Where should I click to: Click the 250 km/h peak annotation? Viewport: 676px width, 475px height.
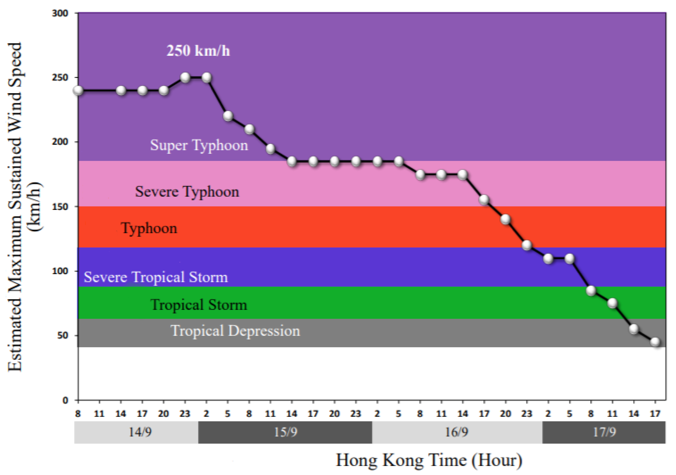point(198,51)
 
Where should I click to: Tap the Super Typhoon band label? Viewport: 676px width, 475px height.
point(199,145)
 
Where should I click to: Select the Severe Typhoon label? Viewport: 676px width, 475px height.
point(187,192)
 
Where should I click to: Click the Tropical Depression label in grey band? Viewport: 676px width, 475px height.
point(235,331)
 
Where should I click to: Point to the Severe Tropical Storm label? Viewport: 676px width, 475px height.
point(156,277)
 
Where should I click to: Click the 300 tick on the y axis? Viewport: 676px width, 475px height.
point(60,13)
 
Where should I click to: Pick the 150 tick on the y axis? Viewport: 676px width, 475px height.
point(60,206)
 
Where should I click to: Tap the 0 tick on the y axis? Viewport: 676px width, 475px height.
point(65,400)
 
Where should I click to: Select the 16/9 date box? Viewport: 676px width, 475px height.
point(457,432)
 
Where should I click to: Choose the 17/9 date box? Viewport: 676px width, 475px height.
point(604,432)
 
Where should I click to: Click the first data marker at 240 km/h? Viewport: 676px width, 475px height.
point(78,90)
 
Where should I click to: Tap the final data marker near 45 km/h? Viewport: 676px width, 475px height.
point(655,342)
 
